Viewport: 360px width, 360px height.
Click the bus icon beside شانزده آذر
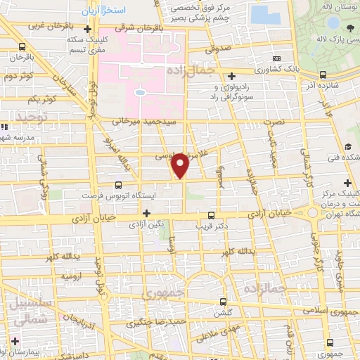point(322,75)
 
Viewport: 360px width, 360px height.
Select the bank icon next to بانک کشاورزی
point(277,58)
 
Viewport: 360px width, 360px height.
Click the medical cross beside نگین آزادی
point(146,213)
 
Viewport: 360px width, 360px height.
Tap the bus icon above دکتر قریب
point(212,216)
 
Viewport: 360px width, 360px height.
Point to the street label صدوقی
point(219,50)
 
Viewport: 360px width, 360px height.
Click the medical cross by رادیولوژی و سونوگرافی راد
point(232,76)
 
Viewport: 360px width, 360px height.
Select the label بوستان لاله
point(338,6)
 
